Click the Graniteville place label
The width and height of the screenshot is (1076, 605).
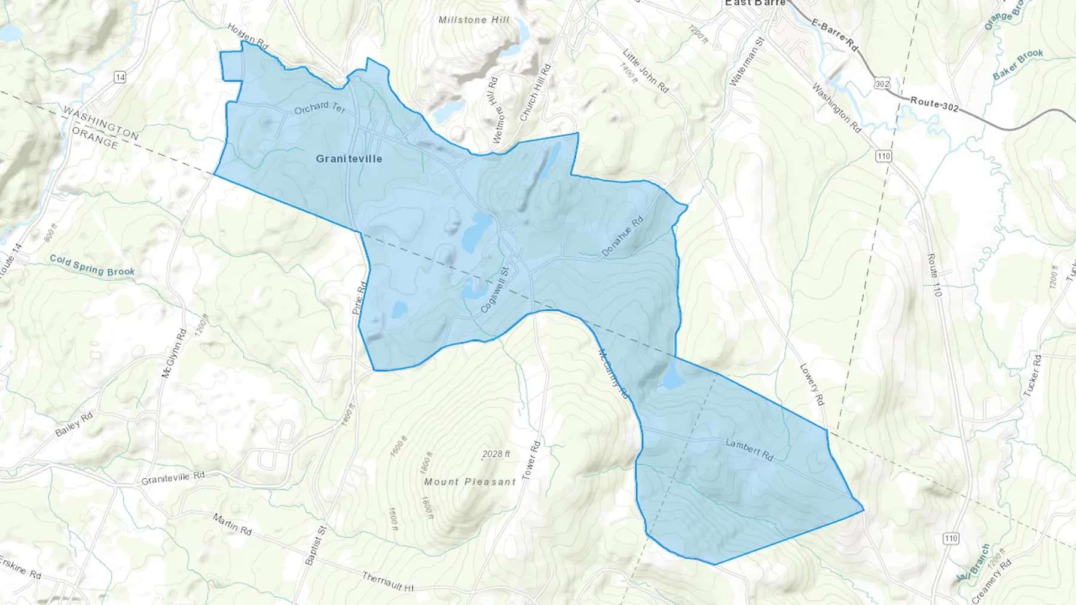click(349, 159)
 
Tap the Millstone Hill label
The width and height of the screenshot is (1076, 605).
click(473, 20)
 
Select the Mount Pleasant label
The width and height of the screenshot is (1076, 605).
click(469, 481)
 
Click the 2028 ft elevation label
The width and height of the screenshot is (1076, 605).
click(496, 454)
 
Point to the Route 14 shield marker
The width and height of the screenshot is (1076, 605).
click(120, 77)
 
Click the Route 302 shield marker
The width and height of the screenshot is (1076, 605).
click(882, 84)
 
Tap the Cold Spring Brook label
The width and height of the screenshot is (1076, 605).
click(92, 266)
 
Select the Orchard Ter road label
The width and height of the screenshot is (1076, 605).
click(320, 108)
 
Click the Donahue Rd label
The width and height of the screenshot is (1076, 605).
click(622, 237)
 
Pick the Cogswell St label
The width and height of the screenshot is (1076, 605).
click(494, 290)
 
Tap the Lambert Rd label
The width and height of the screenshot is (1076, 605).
click(750, 450)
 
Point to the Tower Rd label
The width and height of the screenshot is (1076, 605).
click(531, 460)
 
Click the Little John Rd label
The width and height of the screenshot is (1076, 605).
click(646, 70)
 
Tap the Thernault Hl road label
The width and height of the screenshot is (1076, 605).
click(387, 582)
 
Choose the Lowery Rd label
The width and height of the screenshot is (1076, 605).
click(812, 385)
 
